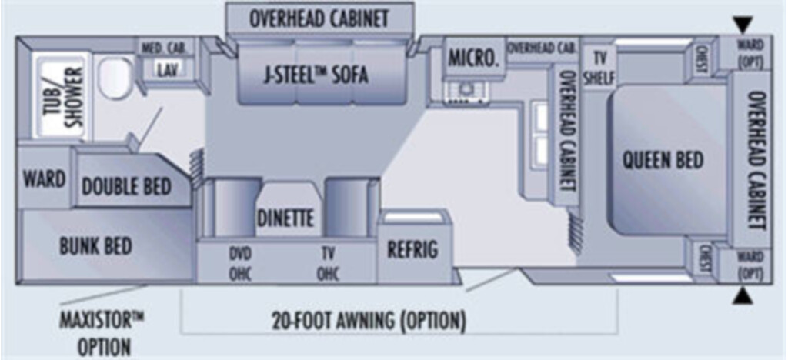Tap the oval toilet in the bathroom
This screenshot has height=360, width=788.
115,78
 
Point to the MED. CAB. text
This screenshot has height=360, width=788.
165,48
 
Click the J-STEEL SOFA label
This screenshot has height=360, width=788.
316,75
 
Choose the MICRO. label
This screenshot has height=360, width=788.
474,58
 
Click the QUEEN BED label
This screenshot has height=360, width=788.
663,160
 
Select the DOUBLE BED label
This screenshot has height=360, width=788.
126,186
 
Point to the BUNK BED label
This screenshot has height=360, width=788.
95,246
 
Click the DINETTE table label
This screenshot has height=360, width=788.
285,218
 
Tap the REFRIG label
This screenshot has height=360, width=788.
412,249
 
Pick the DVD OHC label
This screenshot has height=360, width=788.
240,264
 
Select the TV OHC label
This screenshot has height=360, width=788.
328,264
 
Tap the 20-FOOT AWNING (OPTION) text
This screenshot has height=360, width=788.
369,320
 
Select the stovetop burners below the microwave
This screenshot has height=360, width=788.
466,93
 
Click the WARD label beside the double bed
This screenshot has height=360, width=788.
44,178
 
